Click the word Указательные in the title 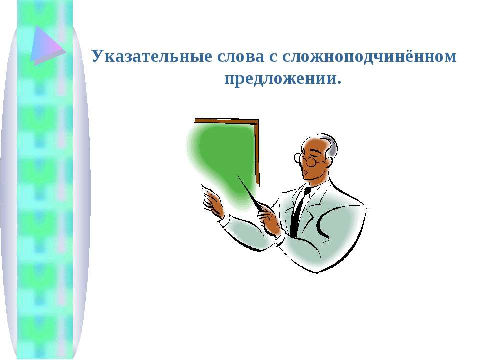click(152, 56)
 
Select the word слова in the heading click(241, 56)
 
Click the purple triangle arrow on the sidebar click(48, 45)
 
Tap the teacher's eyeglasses click(308, 159)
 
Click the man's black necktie click(299, 210)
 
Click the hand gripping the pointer click(269, 219)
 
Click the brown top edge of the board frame click(226, 121)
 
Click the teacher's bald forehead click(311, 146)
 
